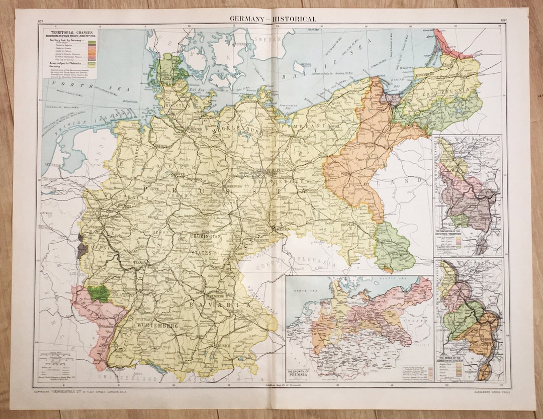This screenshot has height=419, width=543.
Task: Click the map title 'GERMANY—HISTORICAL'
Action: pos(273,19)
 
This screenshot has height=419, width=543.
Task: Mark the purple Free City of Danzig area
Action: pos(391,98)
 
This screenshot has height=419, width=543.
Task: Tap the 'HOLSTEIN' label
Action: pos(183,107)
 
